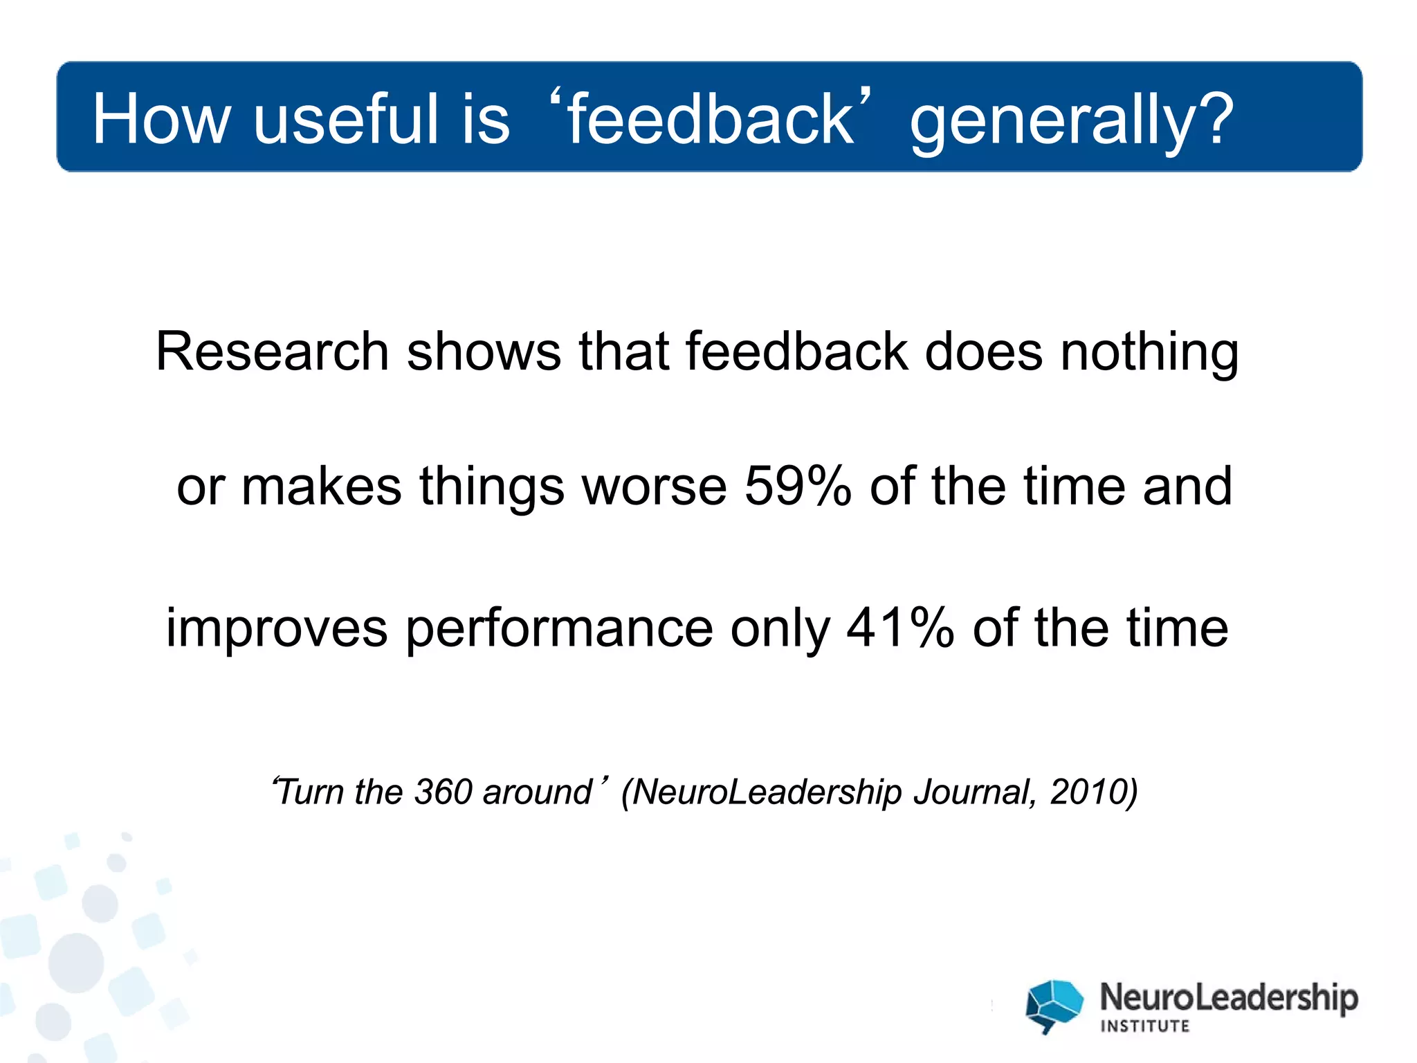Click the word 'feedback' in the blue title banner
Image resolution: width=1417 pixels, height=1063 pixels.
point(711,119)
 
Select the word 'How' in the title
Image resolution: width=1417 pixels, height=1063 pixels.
point(161,119)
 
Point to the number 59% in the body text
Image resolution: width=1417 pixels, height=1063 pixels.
point(797,486)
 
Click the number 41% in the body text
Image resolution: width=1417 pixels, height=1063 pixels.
point(899,628)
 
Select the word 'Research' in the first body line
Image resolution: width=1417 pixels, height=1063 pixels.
point(272,352)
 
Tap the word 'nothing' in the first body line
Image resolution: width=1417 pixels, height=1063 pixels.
point(1149,353)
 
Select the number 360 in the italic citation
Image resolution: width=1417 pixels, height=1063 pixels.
point(443,792)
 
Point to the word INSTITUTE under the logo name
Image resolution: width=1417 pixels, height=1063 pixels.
point(1144,1026)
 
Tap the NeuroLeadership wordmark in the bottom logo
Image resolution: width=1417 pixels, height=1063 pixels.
point(1229,998)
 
